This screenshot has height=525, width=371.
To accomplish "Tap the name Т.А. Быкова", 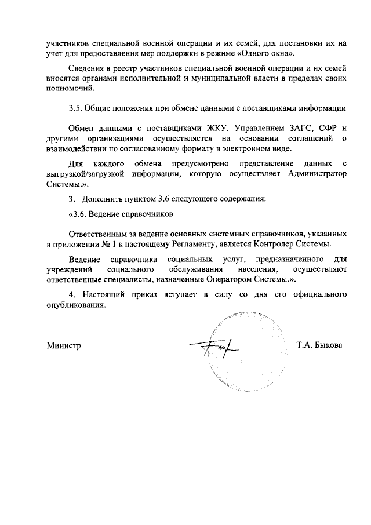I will click(x=319, y=345).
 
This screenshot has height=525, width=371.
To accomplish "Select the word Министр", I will click(x=63, y=345).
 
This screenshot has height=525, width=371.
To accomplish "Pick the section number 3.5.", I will click(x=76, y=108).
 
